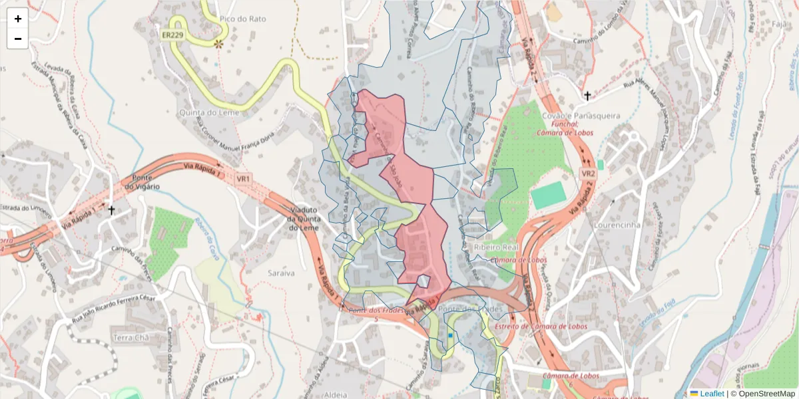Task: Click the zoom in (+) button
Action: pyautogui.click(x=18, y=19)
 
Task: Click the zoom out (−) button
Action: pyautogui.click(x=18, y=39)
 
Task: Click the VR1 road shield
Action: pyautogui.click(x=244, y=178)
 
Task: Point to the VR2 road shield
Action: pyautogui.click(x=587, y=174)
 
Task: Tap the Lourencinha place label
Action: pyautogui.click(x=619, y=225)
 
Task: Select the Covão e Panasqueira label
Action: pyautogui.click(x=581, y=116)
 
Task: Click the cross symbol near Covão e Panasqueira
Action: pyautogui.click(x=587, y=96)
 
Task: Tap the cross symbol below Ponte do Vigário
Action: pyautogui.click(x=112, y=211)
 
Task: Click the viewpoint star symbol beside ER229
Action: pyautogui.click(x=218, y=44)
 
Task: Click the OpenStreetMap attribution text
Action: pyautogui.click(x=766, y=393)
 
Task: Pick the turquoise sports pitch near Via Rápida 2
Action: pyautogui.click(x=548, y=195)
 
